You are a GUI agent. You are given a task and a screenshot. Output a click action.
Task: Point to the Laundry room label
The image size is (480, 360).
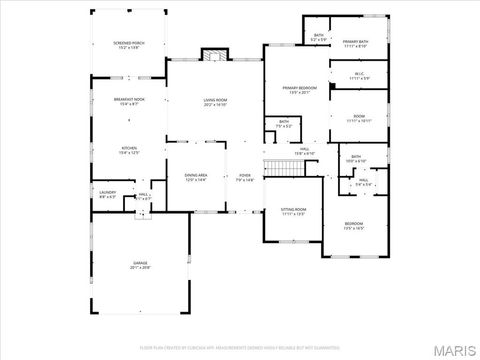pos(107,194)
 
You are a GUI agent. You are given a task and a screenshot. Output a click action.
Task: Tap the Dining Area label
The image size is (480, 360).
pos(195,177)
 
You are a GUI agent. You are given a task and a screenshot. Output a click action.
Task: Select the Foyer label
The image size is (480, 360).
pos(245,177)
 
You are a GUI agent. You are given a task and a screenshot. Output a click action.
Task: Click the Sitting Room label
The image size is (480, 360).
pos(293,211)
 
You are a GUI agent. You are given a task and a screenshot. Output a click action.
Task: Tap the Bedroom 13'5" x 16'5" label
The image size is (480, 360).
pos(354,225)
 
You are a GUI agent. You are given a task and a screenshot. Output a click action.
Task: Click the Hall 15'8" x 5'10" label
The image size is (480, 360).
pos(305,151)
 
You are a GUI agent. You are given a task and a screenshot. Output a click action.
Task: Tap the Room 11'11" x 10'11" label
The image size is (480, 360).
pos(359,118)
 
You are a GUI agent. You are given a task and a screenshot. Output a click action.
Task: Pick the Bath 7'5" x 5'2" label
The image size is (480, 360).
pos(284,125)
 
